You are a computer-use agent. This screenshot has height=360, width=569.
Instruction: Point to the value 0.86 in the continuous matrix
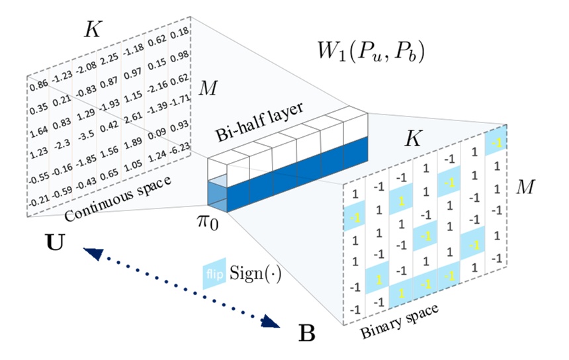[x=38, y=85]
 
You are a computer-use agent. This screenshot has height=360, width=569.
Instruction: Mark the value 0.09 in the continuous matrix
[x=158, y=137]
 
